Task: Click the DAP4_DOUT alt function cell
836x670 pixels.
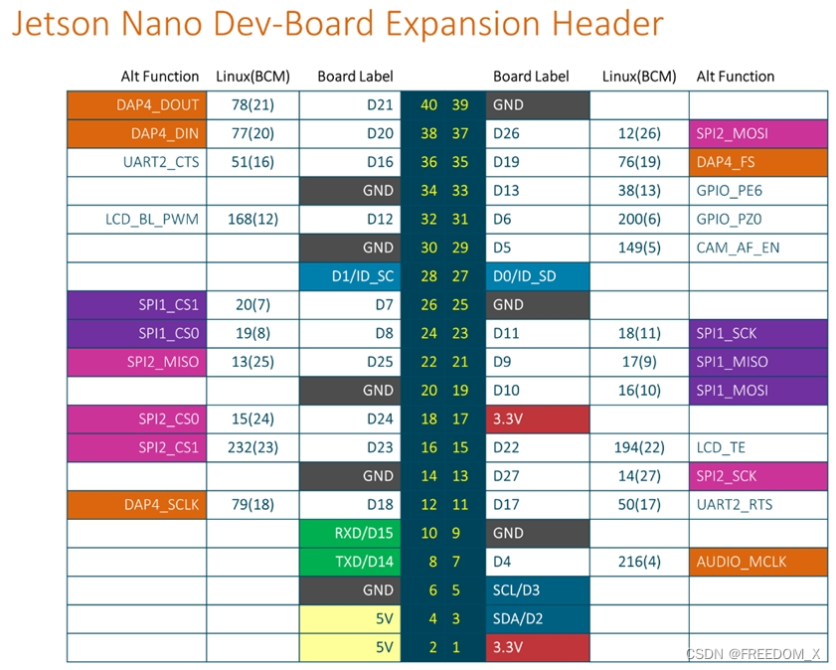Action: click(x=136, y=104)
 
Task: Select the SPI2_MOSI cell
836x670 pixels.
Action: click(x=757, y=133)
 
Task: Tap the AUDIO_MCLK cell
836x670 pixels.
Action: click(x=757, y=562)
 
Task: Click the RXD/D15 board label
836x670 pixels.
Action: click(x=350, y=533)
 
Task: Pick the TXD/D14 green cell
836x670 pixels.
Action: click(x=350, y=562)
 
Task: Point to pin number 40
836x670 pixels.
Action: click(x=428, y=104)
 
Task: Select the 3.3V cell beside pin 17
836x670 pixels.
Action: click(x=538, y=419)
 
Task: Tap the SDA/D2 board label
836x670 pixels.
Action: click(x=538, y=618)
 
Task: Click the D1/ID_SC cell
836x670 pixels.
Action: click(x=350, y=275)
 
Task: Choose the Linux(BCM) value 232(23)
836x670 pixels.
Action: click(x=252, y=447)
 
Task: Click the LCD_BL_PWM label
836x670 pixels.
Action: click(x=152, y=219)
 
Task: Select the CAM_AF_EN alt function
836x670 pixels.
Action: click(x=738, y=248)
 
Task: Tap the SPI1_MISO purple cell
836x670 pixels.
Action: click(x=757, y=362)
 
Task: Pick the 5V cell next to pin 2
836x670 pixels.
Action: click(x=350, y=647)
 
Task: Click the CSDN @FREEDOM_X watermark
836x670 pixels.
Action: click(x=753, y=653)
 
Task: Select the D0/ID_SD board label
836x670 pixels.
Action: click(x=538, y=275)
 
